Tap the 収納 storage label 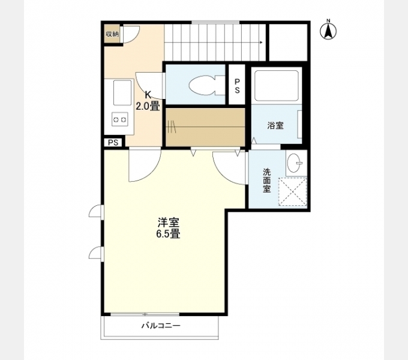[112, 34]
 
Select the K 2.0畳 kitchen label [148, 101]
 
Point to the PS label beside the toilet [238, 85]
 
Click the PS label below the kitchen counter [113, 142]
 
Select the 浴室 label [275, 125]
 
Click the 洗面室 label [266, 179]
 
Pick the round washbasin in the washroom [295, 163]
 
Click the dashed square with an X [293, 191]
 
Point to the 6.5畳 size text [168, 234]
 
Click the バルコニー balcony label [161, 326]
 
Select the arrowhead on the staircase [262, 43]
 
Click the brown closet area [205, 127]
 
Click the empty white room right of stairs [288, 42]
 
